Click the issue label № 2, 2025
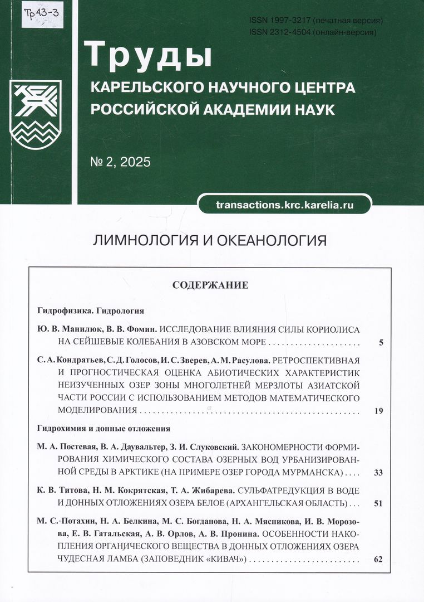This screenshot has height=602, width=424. pyautogui.click(x=120, y=163)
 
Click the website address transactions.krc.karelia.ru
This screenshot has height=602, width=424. pyautogui.click(x=284, y=205)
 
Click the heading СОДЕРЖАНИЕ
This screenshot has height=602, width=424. pyautogui.click(x=210, y=285)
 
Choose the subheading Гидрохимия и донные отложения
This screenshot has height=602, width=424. pyautogui.click(x=103, y=429)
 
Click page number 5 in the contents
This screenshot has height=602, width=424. pyautogui.click(x=381, y=343)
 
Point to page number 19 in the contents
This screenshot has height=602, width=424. pyautogui.click(x=379, y=411)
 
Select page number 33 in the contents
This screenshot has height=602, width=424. pyautogui.click(x=379, y=473)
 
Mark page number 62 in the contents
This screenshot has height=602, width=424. pyautogui.click(x=379, y=559)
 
